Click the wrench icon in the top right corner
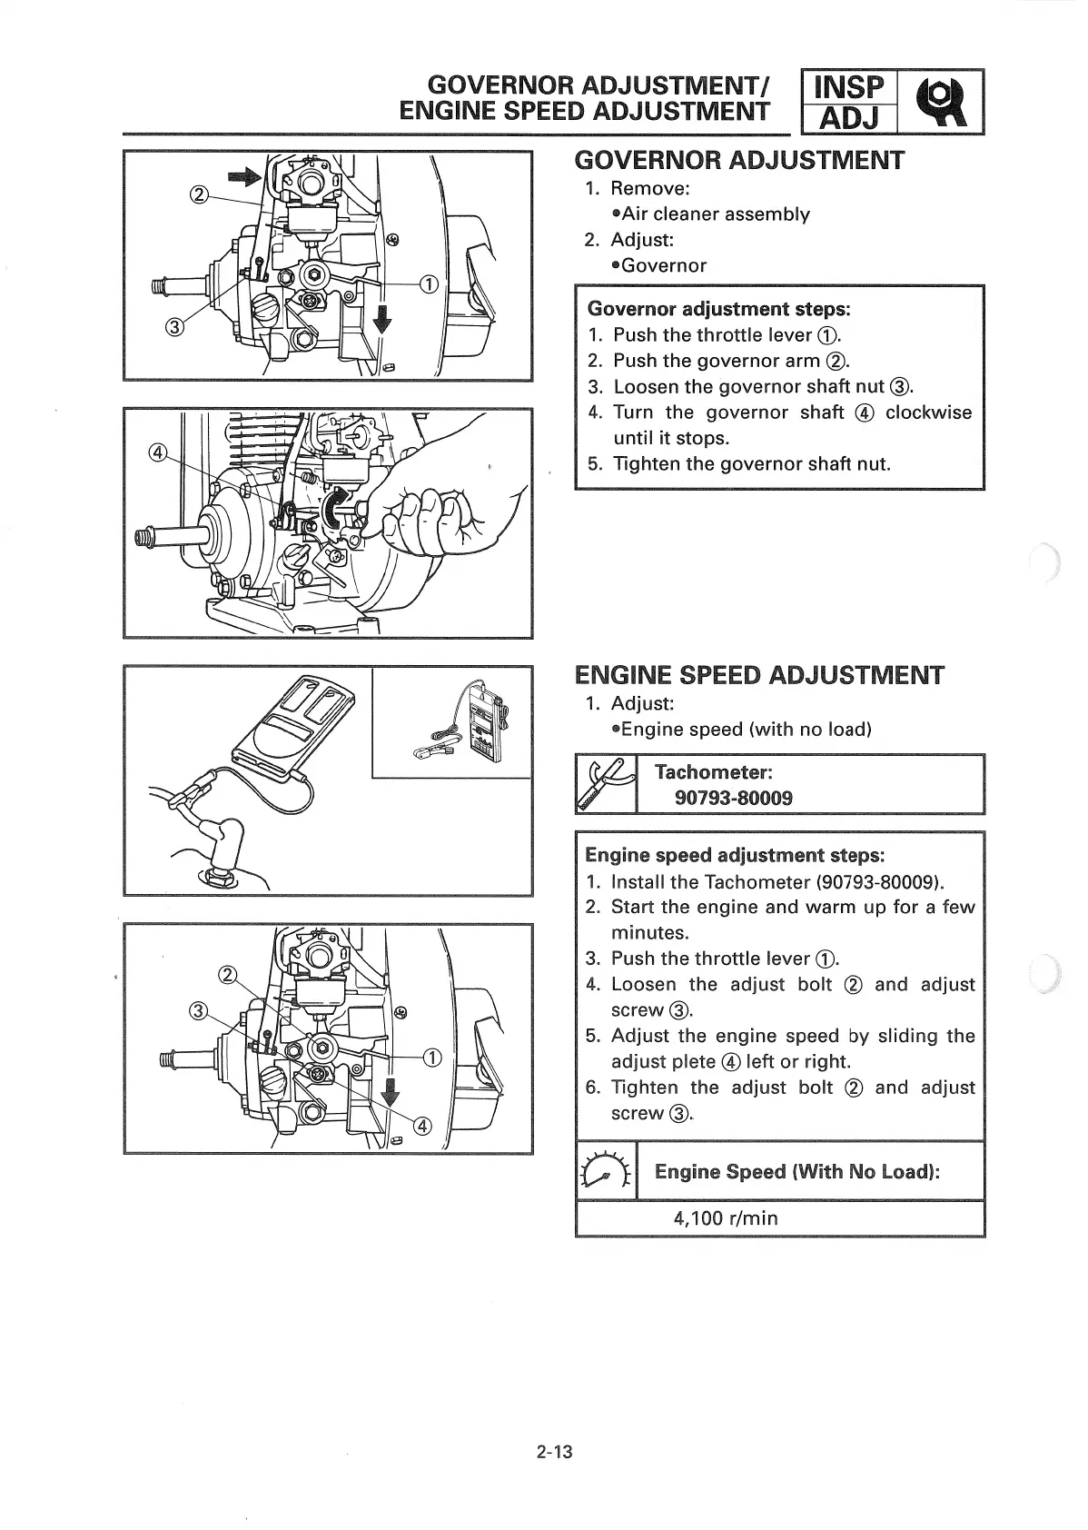942,102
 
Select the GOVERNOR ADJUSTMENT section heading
740,161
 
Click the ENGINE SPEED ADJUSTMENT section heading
759,676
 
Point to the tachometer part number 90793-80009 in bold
734,798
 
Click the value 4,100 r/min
726,1217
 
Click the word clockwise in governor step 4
928,412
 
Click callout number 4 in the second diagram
157,452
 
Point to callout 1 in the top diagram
429,283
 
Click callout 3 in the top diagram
175,326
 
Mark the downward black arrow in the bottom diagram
390,1089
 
